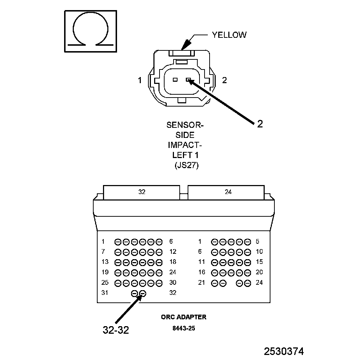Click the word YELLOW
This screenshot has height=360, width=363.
click(229, 35)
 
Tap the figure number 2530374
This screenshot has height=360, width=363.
click(284, 351)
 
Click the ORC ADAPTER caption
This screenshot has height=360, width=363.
click(184, 317)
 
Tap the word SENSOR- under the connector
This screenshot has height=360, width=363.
click(185, 125)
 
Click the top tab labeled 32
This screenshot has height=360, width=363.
click(142, 192)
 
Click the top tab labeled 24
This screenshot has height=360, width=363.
click(228, 192)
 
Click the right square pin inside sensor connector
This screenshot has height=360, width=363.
click(188, 80)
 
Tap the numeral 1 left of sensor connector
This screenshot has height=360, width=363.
click(140, 80)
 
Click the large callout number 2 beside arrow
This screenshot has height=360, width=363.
click(260, 124)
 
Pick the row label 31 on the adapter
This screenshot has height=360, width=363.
click(105, 293)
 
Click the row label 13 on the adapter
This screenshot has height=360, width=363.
click(105, 262)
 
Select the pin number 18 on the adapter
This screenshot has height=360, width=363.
click(173, 262)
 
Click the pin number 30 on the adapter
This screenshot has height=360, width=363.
click(173, 283)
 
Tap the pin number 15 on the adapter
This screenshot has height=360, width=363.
click(259, 262)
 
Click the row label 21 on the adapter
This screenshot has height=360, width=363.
click(201, 283)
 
